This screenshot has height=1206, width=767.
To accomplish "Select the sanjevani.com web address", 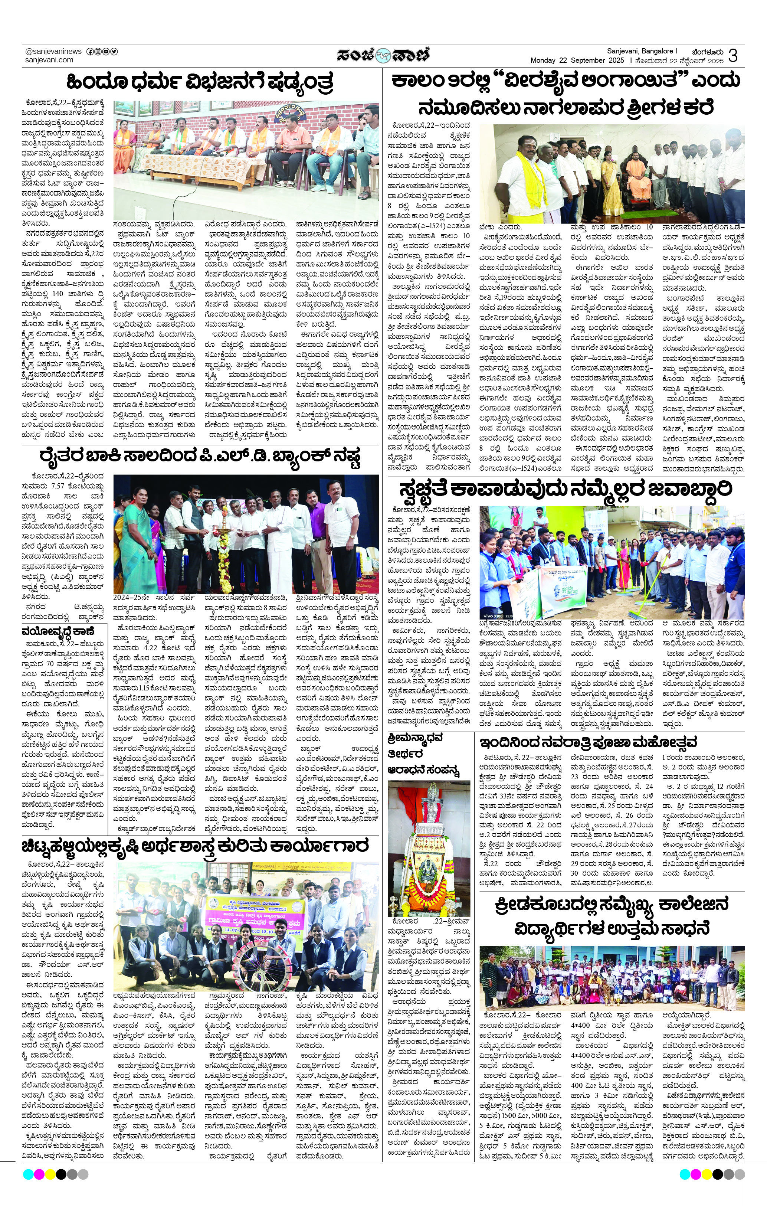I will click(x=49, y=60).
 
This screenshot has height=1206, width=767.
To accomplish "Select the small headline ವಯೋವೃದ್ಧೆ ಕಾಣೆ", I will click(x=58, y=631).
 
